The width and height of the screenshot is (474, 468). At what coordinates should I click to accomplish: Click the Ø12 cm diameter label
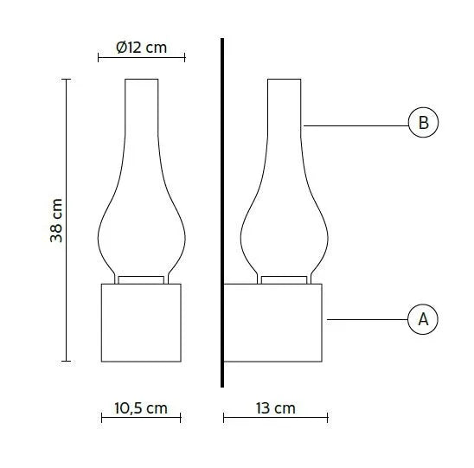(141, 48)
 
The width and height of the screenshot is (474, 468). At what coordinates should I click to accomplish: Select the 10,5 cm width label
(141, 408)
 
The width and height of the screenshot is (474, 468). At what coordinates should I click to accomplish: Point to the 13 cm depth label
(275, 408)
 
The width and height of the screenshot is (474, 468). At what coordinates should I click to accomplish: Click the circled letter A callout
(423, 320)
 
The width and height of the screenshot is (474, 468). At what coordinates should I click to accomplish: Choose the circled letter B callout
(423, 123)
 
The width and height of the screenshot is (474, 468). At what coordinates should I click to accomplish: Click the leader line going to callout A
(368, 320)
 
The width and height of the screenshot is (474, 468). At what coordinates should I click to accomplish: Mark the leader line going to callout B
(355, 126)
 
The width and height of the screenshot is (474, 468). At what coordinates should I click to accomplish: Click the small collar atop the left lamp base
(141, 279)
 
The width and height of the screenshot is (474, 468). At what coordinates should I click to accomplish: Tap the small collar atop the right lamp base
(285, 279)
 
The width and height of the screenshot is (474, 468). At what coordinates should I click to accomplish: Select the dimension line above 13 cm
(275, 419)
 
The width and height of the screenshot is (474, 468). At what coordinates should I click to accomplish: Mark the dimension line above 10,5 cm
(141, 419)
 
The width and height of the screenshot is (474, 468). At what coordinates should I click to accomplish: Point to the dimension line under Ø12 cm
(141, 58)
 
